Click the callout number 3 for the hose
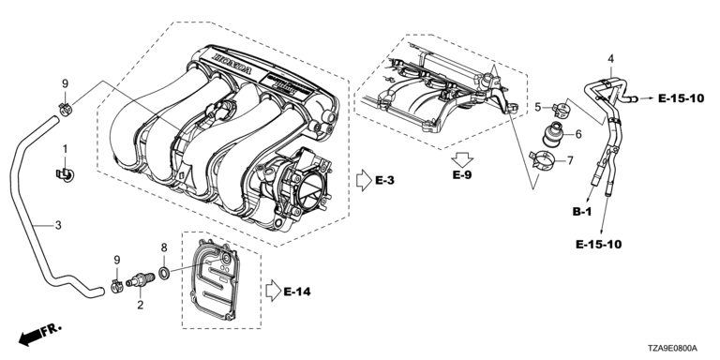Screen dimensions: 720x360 pyautogui.click(x=58, y=225)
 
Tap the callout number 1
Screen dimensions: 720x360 pyautogui.click(x=65, y=149)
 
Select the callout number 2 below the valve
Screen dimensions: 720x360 pyautogui.click(x=140, y=305)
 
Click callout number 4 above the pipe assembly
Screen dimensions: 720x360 pyautogui.click(x=610, y=59)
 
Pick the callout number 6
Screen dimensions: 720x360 pyautogui.click(x=578, y=134)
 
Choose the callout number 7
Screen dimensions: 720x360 pyautogui.click(x=570, y=160)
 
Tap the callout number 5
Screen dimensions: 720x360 pyautogui.click(x=538, y=108)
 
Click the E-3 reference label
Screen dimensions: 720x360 pyautogui.click(x=384, y=180)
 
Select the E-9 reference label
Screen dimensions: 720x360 pyautogui.click(x=462, y=175)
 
